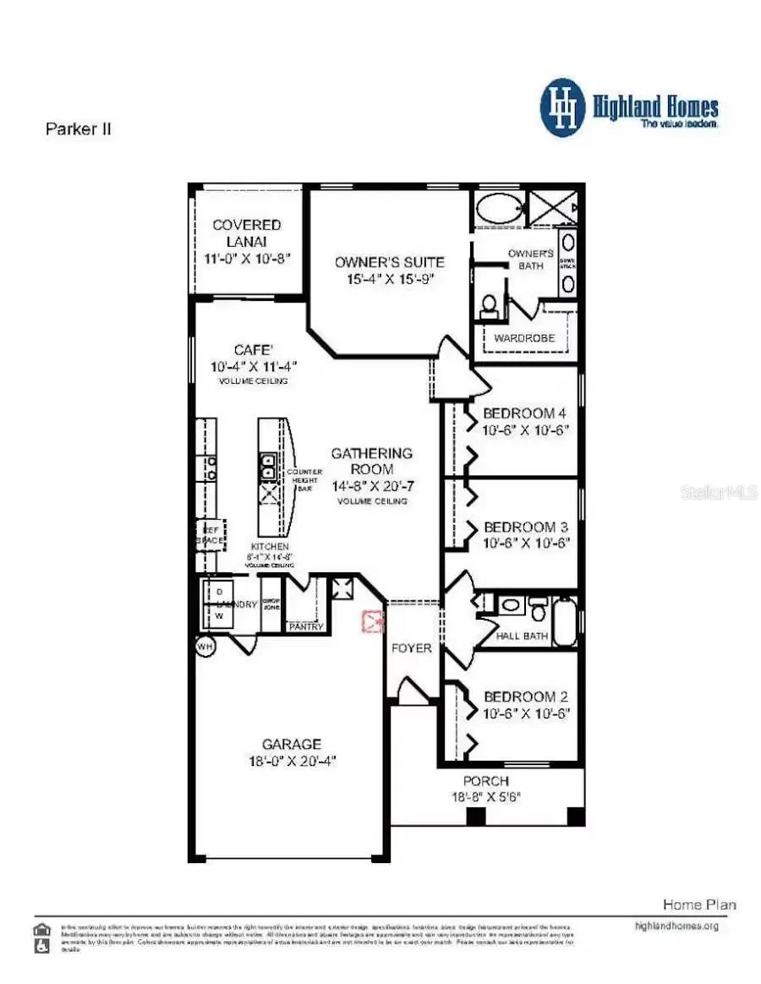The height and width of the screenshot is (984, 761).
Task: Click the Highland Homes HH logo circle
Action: point(563,108)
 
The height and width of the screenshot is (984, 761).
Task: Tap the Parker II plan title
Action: point(77,129)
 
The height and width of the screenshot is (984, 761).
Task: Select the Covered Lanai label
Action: point(246,232)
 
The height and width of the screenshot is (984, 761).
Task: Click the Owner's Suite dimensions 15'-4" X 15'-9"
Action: point(389,278)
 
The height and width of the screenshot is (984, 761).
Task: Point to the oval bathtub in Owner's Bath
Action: point(499,208)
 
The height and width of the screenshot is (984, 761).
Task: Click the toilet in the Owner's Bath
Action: point(489,306)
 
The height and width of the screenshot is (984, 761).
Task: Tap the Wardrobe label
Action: point(524,338)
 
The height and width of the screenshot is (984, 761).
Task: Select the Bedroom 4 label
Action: point(524,413)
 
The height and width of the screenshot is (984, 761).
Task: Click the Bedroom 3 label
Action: point(524,527)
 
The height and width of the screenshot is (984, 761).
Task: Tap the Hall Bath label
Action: point(522,636)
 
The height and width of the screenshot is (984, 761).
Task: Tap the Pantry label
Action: point(305,626)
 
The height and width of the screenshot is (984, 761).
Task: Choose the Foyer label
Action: point(411,648)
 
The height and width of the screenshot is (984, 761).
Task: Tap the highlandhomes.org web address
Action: point(676,926)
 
